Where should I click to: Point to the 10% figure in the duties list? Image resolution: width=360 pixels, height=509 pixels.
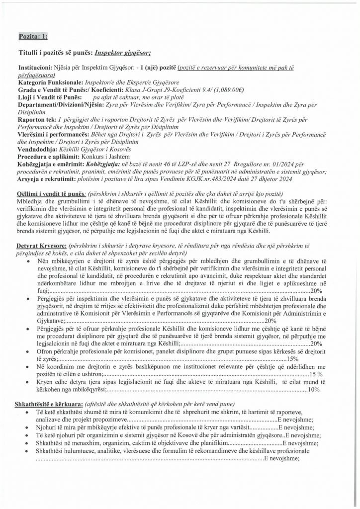point(313,390)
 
